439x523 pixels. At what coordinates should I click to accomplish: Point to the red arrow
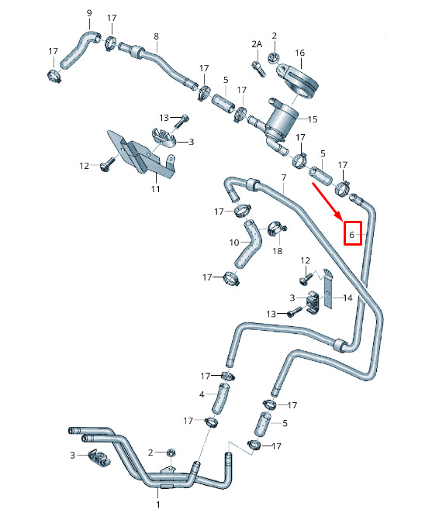coord(327,201)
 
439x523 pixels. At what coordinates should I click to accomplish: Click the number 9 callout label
coord(89,13)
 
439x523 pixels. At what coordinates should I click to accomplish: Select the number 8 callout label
coord(156,36)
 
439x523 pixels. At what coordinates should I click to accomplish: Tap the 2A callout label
coord(257,44)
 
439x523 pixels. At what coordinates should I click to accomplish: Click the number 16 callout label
coord(300,53)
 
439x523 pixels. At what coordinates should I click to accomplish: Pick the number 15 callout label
coord(313,119)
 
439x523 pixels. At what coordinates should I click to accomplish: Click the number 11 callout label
coord(155,189)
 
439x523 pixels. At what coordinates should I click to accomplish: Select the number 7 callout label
coord(284,177)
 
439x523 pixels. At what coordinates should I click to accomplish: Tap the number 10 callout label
coord(234,243)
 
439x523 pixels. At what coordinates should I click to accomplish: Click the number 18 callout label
coord(278,251)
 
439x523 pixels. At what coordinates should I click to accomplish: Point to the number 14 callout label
coord(347,298)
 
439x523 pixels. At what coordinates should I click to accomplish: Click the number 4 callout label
coord(202,394)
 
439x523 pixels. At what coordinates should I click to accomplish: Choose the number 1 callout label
coord(158,504)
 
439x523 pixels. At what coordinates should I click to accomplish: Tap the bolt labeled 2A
coord(259,68)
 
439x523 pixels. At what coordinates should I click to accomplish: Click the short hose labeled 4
coord(220,398)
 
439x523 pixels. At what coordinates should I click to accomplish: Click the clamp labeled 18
coord(276,229)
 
